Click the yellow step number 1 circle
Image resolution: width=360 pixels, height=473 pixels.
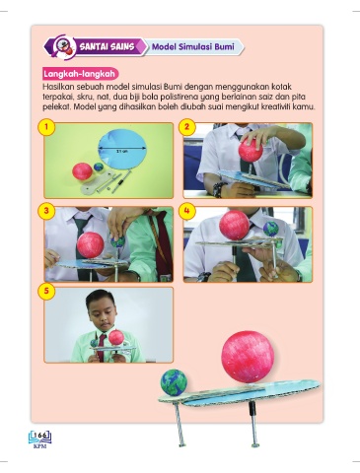click(x=47, y=127)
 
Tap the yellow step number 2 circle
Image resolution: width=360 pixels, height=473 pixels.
click(x=186, y=127)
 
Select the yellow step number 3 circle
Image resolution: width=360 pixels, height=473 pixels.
click(x=47, y=211)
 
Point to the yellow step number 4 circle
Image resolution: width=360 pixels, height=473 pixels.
click(x=186, y=211)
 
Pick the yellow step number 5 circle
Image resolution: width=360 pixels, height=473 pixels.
click(x=47, y=292)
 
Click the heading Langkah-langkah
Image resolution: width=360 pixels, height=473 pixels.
click(x=79, y=74)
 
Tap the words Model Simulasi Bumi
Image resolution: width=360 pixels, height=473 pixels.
click(x=193, y=46)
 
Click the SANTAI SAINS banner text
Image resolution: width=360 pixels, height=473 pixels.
click(x=107, y=46)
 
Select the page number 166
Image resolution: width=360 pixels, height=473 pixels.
click(x=40, y=436)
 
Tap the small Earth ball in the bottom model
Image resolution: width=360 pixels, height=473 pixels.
click(x=174, y=382)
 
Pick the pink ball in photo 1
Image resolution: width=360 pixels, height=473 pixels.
click(x=82, y=171)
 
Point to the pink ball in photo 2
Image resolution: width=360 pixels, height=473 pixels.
click(x=251, y=151)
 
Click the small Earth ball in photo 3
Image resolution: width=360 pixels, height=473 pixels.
click(x=118, y=242)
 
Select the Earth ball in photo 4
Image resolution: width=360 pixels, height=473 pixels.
click(x=271, y=229)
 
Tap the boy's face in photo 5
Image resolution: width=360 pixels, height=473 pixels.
click(x=103, y=313)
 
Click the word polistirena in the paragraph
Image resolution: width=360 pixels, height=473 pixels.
click(x=185, y=98)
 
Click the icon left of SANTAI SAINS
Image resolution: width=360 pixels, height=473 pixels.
click(x=62, y=47)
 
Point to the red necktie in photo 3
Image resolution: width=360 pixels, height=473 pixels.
click(x=161, y=243)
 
